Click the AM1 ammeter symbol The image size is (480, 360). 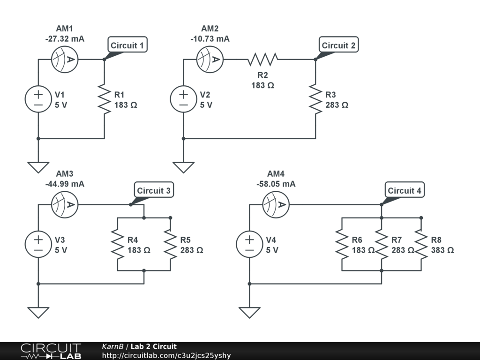pos(64,59)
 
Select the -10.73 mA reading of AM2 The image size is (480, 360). pos(210,39)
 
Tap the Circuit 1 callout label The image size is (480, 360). pos(127,45)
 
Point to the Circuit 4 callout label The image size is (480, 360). pos(404,191)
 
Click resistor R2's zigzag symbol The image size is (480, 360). pos(263,59)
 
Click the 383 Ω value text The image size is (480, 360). pos(442,250)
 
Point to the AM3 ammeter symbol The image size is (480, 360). pos(64,204)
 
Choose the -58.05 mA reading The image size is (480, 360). pos(276,184)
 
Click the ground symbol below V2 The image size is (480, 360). pos(183,167)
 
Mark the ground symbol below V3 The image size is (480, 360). pos(38,312)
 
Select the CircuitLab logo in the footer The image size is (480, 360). pos(51,351)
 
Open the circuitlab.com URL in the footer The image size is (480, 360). pos(166,355)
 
